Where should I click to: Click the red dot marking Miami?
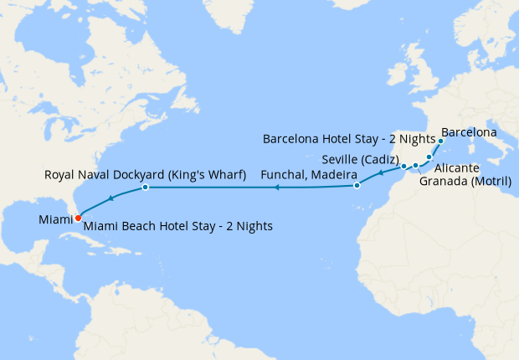[x=78, y=218]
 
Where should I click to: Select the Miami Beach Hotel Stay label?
[x=178, y=226]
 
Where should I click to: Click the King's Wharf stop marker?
[x=146, y=188]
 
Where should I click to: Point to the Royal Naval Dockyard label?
[x=144, y=175]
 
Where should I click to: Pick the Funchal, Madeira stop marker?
[x=357, y=185]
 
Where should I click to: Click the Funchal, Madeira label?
[x=310, y=175]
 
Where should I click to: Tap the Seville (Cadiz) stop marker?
[x=403, y=166]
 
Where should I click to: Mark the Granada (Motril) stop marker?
[x=415, y=166]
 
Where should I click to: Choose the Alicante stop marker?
[x=429, y=157]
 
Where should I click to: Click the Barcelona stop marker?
[x=440, y=141]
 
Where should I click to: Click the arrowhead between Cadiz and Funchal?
[x=381, y=174]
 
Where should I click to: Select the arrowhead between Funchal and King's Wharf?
[x=276, y=188]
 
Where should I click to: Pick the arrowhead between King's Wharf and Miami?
[x=110, y=198]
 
